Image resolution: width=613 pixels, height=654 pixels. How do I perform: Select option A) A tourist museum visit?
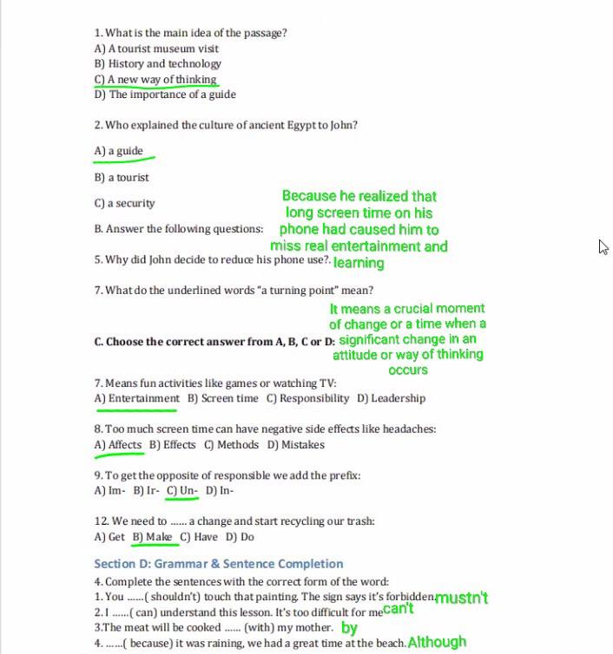[x=156, y=49]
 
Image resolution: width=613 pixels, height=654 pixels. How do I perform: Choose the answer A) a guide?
[x=119, y=151]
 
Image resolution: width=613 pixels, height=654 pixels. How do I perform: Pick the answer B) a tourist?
[x=122, y=177]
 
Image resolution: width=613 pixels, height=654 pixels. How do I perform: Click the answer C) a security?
[x=124, y=203]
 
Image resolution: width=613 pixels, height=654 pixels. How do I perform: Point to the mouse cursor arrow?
[x=603, y=246]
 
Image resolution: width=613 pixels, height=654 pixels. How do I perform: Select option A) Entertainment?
[x=137, y=398]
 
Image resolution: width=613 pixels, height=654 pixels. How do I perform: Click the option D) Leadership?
[x=392, y=398]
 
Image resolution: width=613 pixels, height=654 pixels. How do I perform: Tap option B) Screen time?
[x=223, y=398]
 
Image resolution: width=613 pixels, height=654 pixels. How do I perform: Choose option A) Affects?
[x=118, y=445]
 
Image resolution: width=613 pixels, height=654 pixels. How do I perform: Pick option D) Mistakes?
[x=296, y=445]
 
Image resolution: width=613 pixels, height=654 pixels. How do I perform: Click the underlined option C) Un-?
[x=183, y=490]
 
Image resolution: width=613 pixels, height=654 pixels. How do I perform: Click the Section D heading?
[x=219, y=564]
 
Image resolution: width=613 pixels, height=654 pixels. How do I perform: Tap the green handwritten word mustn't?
[x=462, y=598]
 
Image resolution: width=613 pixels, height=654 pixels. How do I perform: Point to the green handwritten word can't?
[x=399, y=609]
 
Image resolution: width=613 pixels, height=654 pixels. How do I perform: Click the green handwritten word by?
[x=349, y=627]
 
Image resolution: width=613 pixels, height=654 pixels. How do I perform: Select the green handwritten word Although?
[x=437, y=643]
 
